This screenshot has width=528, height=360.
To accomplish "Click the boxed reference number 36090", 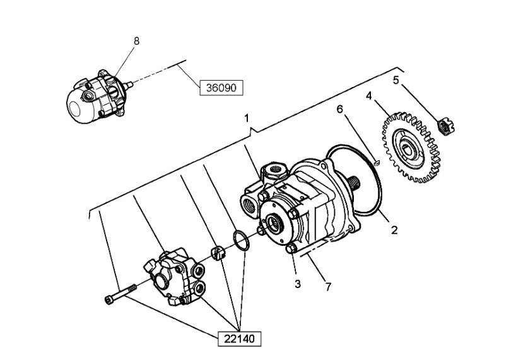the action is point(221,88).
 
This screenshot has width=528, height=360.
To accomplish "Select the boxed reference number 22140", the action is point(239,339).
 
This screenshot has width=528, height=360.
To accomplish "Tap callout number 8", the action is point(136,41).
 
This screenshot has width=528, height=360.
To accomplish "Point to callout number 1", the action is point(247,118).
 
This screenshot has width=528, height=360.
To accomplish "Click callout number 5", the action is point(396,80).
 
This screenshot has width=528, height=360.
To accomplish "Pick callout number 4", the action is point(369,96).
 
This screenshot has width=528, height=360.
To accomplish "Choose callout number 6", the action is point(340,108).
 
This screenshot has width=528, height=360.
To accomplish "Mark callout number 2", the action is point(394,230).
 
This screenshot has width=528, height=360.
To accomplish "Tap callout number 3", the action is point(298,284).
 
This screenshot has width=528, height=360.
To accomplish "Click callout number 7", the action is point(328,287).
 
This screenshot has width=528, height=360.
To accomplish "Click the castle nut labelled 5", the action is point(445,126).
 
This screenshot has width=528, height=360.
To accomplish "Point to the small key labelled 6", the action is point(377,163).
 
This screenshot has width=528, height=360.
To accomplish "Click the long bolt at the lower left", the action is point(121,293).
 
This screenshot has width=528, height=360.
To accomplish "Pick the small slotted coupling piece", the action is point(217,253).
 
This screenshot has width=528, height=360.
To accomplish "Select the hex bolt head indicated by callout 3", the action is point(291,249).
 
